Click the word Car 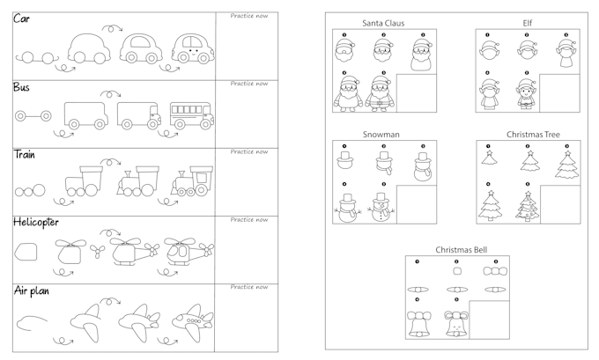(21, 18)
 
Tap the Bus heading (21, 87)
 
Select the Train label (25, 155)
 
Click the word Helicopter (36, 222)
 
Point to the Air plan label (32, 290)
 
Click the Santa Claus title (383, 23)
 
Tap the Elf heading (527, 23)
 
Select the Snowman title (381, 135)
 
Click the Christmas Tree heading (533, 135)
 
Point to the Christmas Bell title (461, 250)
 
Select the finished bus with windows (192, 115)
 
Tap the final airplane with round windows (192, 322)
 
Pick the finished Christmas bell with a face (456, 324)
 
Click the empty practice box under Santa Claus (417, 93)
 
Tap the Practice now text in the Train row (249, 151)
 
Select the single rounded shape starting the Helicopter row (26, 252)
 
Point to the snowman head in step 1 (344, 160)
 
